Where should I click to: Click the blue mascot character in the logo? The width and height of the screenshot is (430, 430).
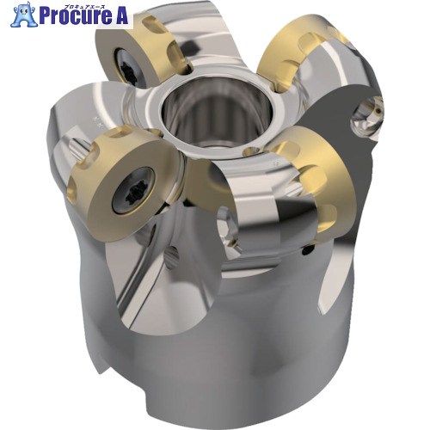pos(24,15)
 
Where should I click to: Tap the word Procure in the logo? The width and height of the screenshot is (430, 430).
pos(76,16)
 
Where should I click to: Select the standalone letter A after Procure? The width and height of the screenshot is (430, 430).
pos(121,16)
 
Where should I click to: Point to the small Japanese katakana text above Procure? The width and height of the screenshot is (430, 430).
pos(83,6)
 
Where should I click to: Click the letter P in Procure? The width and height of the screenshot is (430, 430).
pos(45,16)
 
